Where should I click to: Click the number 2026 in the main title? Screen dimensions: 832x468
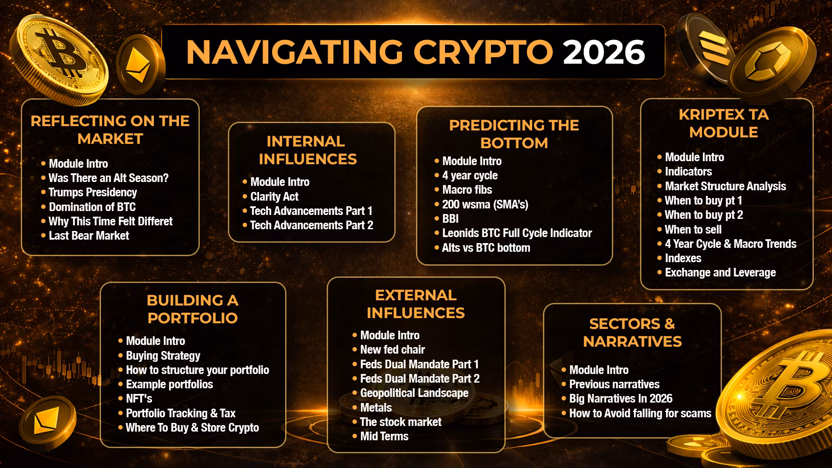click(604, 52)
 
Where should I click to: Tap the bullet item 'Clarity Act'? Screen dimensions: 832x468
click(274, 197)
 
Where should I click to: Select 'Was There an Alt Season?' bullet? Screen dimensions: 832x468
click(108, 178)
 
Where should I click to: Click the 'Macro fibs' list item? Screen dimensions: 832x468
click(467, 190)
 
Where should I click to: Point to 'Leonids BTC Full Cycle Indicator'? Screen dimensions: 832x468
click(517, 233)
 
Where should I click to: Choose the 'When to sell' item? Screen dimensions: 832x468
click(693, 230)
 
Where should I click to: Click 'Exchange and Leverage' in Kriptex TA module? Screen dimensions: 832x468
click(720, 273)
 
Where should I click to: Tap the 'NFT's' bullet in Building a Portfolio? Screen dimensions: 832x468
click(139, 399)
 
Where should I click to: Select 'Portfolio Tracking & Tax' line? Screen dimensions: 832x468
click(181, 413)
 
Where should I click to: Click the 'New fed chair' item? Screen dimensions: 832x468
click(393, 350)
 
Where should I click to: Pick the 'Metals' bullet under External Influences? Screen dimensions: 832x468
click(376, 408)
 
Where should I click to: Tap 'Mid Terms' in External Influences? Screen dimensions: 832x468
click(384, 436)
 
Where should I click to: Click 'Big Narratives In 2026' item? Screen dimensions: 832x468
click(621, 399)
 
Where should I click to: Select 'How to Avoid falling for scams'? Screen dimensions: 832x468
click(640, 413)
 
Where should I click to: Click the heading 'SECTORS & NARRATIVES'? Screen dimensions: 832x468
click(633, 332)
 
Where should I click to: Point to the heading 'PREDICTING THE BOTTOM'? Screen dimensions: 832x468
click(514, 134)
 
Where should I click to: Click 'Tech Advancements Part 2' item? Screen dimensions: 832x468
click(312, 225)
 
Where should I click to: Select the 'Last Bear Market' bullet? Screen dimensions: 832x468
click(89, 236)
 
